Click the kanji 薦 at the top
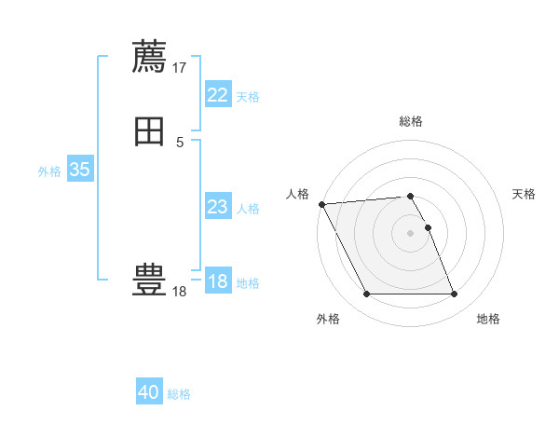pos(149,57)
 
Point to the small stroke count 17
pos(180,67)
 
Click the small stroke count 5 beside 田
pos(180,143)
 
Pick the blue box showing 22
pos(217,95)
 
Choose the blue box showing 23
pos(217,207)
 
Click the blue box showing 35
pos(79,170)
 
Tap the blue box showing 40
pos(149,392)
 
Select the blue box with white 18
pos(217,281)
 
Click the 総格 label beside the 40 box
pos(179,394)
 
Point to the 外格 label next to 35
pos(49,171)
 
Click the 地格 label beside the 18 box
pos(248,283)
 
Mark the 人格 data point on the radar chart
pos(321,204)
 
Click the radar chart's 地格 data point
pos(454,294)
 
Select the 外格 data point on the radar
pos(366,294)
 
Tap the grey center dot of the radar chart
pos(410,233)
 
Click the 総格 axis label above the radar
pos(411,121)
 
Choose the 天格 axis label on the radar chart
pos(524,194)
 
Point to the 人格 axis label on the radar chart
pos(297,194)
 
